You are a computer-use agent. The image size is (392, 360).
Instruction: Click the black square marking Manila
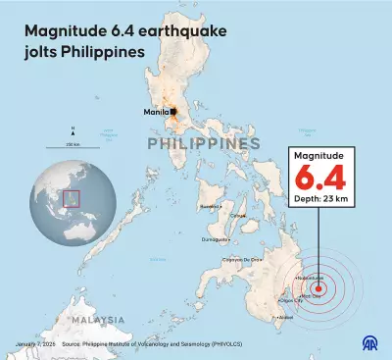172,112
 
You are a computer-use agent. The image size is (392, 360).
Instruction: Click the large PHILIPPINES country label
204,144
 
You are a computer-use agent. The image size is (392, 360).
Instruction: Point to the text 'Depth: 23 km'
322,202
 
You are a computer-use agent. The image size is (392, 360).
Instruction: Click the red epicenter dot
318,288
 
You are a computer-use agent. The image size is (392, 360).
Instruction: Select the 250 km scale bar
73,147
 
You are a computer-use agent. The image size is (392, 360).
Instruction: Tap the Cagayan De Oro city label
271,258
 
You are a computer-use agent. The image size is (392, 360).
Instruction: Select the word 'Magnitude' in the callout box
322,158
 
